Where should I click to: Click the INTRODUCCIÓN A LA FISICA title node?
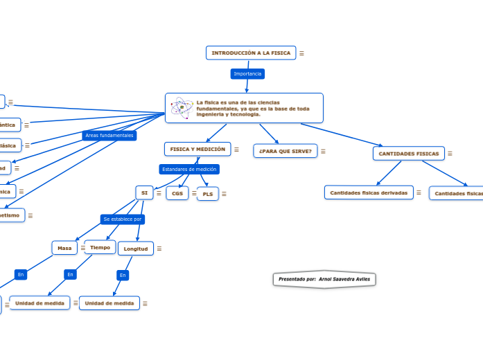coord(251,53)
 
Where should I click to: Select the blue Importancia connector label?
coord(247,73)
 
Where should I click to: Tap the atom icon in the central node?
coord(182,107)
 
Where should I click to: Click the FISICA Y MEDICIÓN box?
coord(197,149)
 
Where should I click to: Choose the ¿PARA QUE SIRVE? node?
coord(285,151)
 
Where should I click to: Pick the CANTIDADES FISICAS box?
coord(408,154)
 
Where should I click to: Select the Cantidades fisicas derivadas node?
coord(369,192)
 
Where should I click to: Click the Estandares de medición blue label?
coord(188,169)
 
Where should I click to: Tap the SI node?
coord(144,193)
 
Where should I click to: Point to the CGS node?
coord(177,194)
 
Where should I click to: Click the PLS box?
coord(208,195)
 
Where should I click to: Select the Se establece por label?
coord(123,219)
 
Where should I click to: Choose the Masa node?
coord(64,248)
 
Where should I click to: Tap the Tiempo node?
coord(100,247)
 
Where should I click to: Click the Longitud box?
coord(135,249)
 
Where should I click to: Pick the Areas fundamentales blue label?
coord(109,136)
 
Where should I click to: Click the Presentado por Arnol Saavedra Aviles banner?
coord(324,279)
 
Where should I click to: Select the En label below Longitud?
coord(123,276)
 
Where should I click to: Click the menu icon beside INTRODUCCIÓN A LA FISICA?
coord(301,53)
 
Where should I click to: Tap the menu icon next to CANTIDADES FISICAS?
coord(450,154)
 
